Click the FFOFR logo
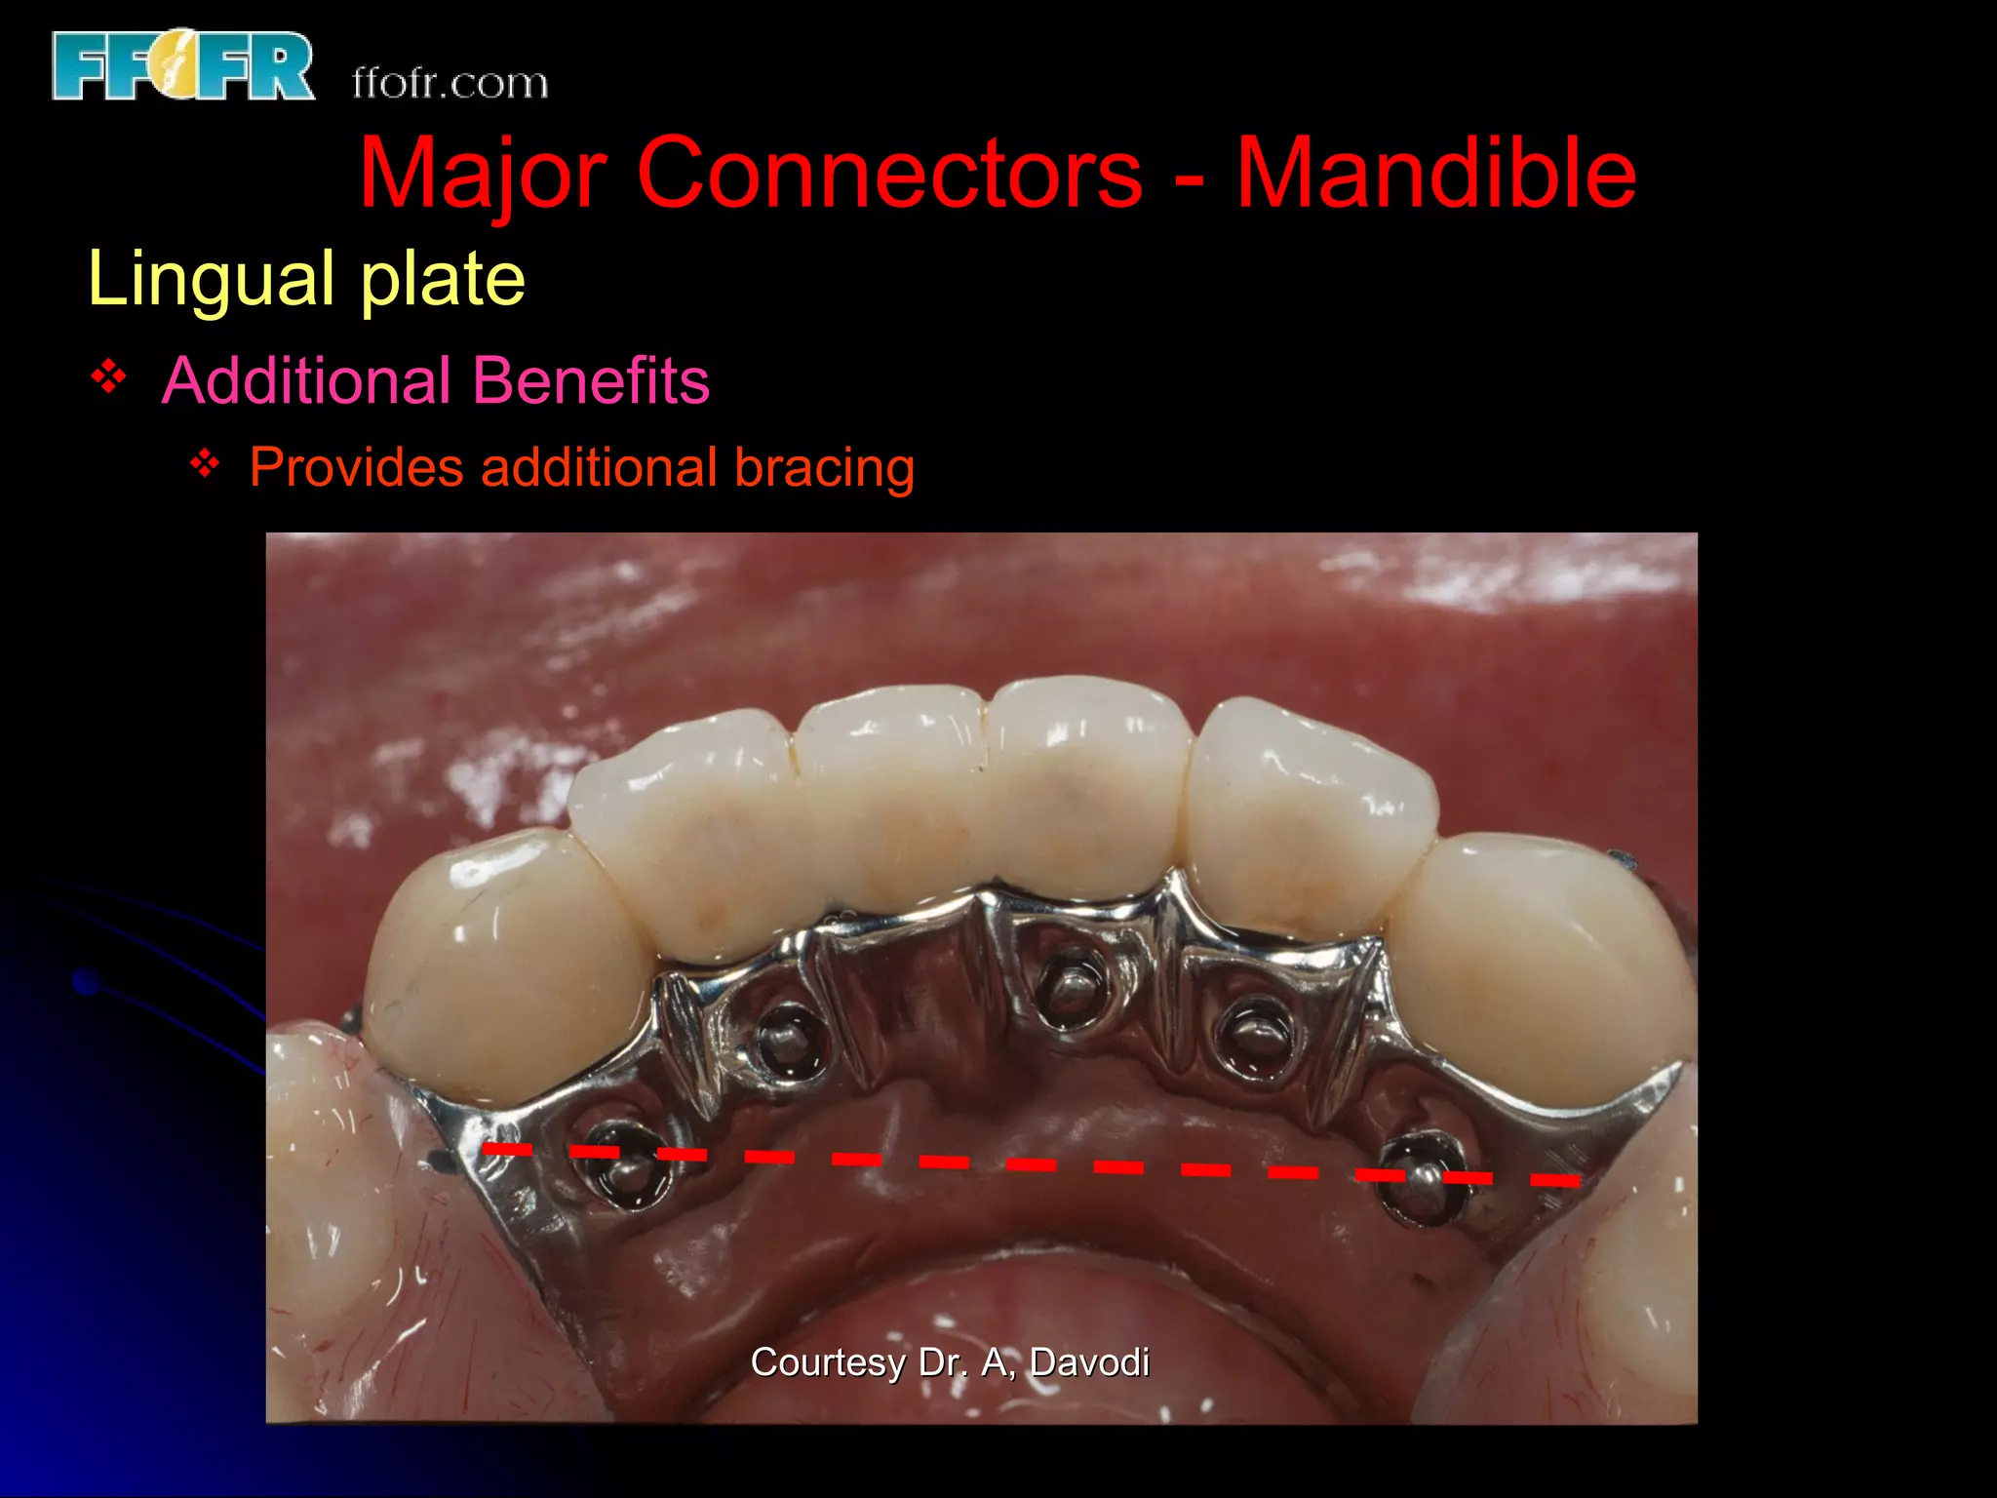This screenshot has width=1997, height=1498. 182,65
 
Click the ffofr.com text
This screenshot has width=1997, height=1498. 450,84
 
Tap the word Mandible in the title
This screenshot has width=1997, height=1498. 1435,174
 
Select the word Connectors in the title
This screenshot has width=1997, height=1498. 888,174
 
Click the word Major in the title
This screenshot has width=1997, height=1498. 484,174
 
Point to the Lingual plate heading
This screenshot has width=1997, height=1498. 306,279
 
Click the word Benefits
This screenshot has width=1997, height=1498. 591,380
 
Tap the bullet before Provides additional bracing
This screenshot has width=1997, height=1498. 205,463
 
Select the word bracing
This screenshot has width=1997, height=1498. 824,467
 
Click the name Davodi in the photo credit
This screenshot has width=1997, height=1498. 1089,1362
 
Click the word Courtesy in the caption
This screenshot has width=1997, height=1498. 827,1362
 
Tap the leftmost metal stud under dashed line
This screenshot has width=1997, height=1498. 624,1165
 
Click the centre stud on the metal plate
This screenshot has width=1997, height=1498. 1070,985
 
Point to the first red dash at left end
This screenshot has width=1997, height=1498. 507,1150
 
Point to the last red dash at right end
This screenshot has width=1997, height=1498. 1554,1181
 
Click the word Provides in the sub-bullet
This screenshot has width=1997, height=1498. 356,467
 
